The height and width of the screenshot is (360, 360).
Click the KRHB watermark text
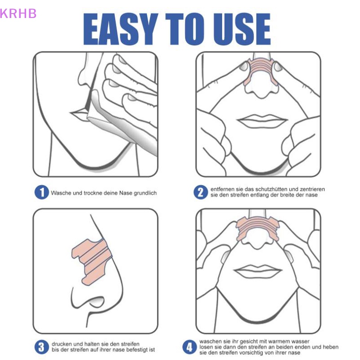click(18, 13)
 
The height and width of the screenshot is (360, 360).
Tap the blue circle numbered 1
click(41, 193)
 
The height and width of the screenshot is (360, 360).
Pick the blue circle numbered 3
click(41, 346)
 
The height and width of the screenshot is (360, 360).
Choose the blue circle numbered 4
click(189, 347)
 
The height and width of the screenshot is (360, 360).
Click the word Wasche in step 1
click(61, 193)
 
